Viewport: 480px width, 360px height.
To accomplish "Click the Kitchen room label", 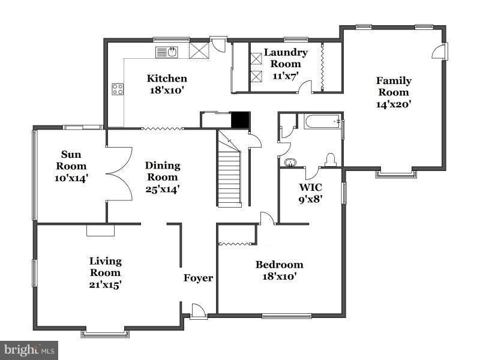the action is pos(167,79).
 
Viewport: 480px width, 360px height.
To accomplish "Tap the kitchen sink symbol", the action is pos(167,52).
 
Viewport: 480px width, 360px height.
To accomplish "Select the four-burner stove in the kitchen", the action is pos(118,89).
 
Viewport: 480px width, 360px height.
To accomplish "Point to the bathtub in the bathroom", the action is pos(322,122).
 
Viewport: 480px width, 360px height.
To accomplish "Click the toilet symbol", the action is pos(331,160).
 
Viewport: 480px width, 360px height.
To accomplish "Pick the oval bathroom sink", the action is pos(290,162).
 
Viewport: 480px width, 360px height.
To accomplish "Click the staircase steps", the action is pos(229,178).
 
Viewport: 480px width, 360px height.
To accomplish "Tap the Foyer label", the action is pos(198,278).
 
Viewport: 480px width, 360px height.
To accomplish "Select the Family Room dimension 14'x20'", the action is pos(394,104).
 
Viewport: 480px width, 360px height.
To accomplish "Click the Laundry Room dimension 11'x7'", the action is pos(286,76).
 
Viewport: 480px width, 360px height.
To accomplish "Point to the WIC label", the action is pos(310,187).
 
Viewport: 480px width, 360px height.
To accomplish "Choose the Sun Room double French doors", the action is pos(119,174).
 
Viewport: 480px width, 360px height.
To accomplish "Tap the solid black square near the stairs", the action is pos(241,120).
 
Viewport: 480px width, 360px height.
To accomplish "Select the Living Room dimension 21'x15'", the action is pos(106,284).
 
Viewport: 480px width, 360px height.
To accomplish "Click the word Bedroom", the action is pos(280,265).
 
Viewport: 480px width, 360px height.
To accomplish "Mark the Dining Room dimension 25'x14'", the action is pos(162,189).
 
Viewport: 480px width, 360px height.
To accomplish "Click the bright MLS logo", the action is pos(29,350).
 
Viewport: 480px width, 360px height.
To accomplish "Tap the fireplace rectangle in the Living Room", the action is pos(100,230).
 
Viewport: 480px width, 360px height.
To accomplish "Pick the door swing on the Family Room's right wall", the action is pos(439,51).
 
